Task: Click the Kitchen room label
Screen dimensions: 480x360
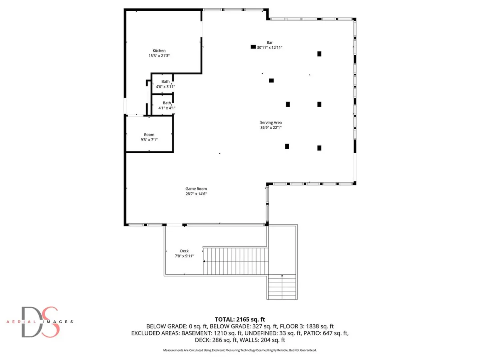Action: (x=159, y=51)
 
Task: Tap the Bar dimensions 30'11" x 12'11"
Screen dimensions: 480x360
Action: (x=270, y=48)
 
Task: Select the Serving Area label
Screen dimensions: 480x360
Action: (x=271, y=123)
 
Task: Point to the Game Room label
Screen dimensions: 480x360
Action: (x=196, y=189)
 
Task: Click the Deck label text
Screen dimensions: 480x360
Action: (x=184, y=251)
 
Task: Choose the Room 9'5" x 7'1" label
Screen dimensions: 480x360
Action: (x=149, y=137)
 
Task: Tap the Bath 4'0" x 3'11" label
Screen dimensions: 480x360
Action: (x=165, y=84)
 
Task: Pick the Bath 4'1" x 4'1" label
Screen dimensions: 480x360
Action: (x=167, y=105)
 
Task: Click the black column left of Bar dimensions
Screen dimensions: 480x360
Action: (x=253, y=47)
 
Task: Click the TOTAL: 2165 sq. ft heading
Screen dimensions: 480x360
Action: (x=240, y=319)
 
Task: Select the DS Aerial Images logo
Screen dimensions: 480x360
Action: (x=40, y=322)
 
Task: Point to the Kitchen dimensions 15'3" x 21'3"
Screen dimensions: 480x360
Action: (x=159, y=56)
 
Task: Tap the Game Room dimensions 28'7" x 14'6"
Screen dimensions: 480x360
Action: (x=196, y=194)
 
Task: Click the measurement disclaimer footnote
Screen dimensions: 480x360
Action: (x=240, y=350)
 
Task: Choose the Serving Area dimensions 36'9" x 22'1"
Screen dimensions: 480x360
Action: (x=271, y=128)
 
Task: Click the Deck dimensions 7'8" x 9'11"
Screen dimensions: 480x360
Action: (x=184, y=256)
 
